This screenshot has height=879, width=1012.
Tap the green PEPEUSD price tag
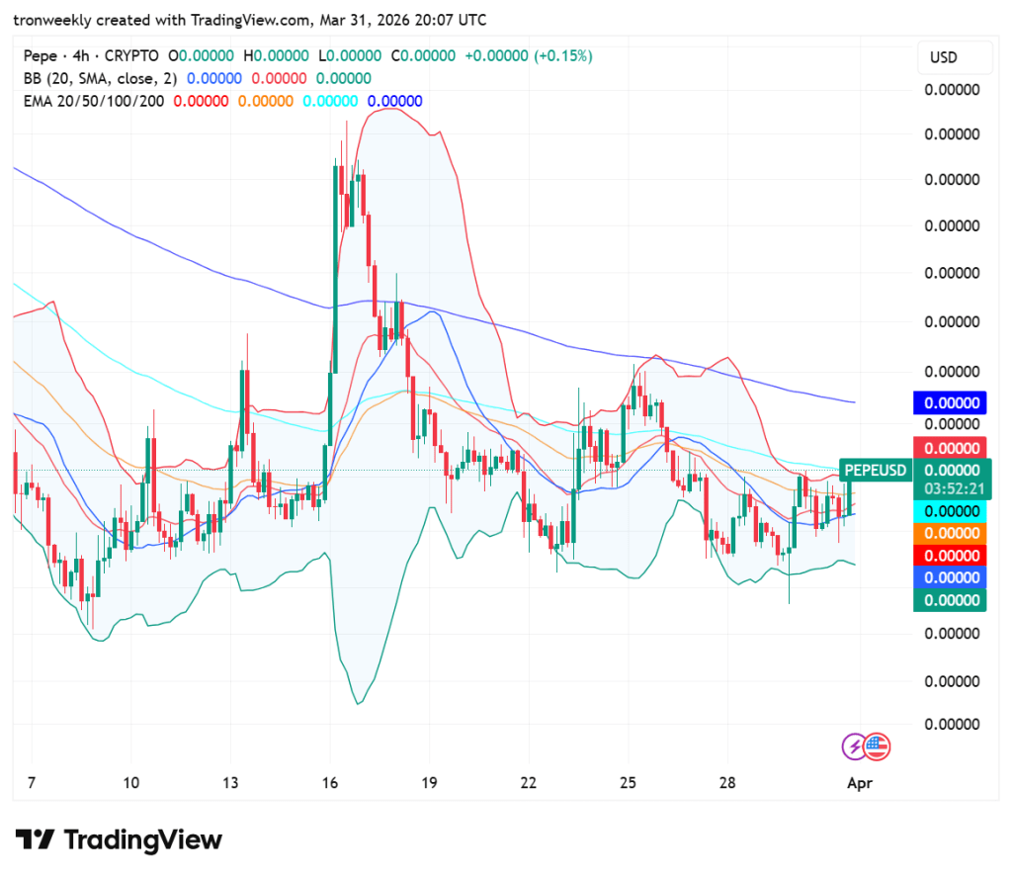click(x=874, y=470)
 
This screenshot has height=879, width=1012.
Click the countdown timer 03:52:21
click(x=952, y=488)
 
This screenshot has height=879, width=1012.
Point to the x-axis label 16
click(x=330, y=782)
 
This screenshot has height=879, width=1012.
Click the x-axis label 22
click(x=529, y=782)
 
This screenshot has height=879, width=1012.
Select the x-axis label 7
click(x=32, y=782)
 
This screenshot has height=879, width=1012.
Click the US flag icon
click(x=877, y=747)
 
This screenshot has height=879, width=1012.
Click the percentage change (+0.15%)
click(x=563, y=56)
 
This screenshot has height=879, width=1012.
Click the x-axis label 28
click(x=727, y=782)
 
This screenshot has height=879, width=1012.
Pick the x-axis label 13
click(x=230, y=782)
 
